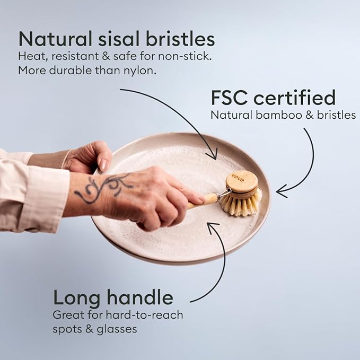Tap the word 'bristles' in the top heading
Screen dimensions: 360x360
tap(180, 39)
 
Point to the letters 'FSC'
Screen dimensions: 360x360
tap(229, 98)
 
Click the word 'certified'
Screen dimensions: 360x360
tap(295, 97)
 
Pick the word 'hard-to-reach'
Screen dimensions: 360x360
tap(144, 315)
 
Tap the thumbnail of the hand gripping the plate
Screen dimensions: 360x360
tap(103, 164)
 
